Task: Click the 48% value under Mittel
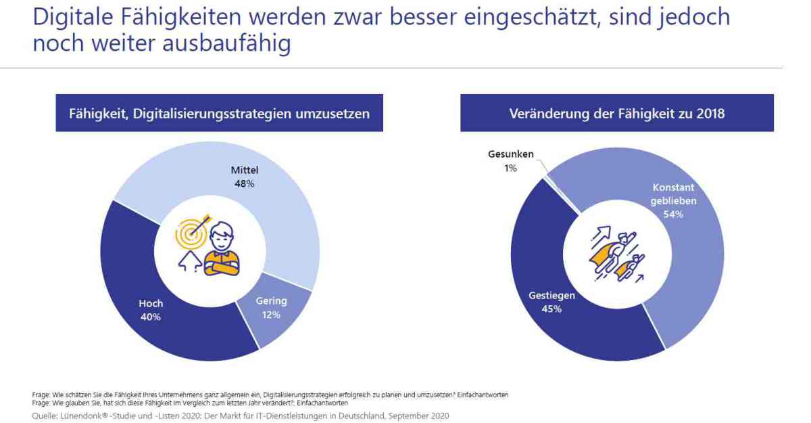coord(245,183)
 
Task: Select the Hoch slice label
coord(151,304)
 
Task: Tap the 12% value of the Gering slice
coord(271,314)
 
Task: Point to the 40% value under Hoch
coord(151,317)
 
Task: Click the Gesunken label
coord(511,154)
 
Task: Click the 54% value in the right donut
coord(673,215)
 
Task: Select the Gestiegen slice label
coord(551,296)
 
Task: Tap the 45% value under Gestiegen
coord(551,309)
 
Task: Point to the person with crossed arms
coord(221,252)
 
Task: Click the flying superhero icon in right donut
coord(616,254)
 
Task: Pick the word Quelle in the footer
coord(45,416)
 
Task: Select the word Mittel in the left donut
coord(245,170)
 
